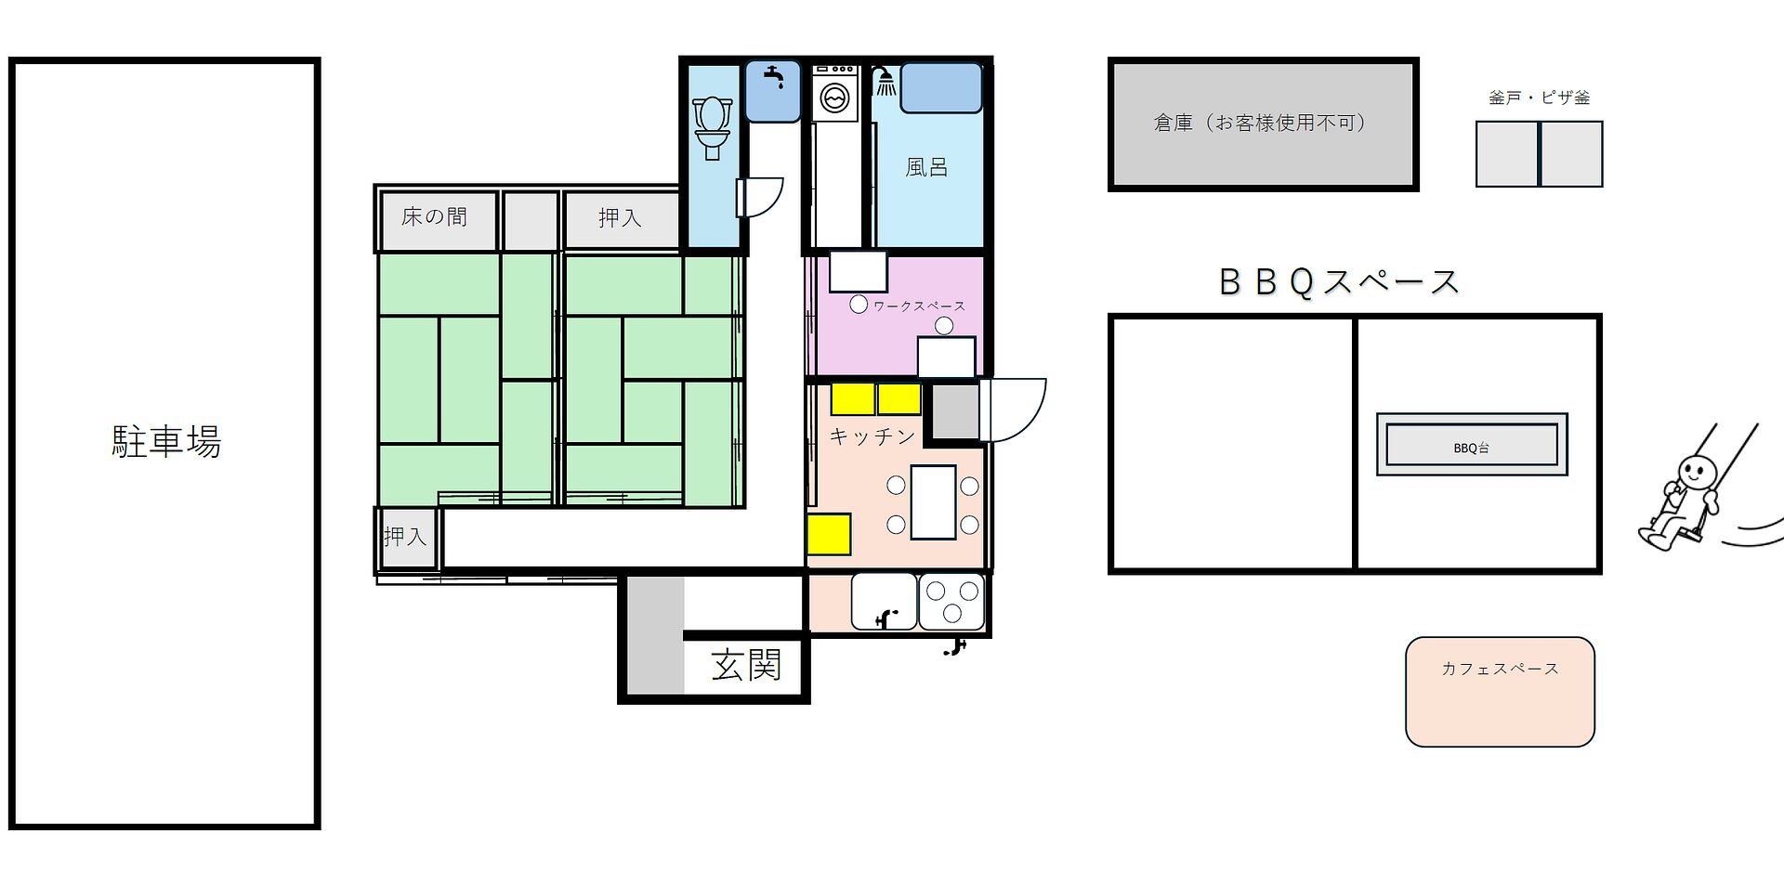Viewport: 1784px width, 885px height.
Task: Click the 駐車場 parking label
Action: (x=166, y=442)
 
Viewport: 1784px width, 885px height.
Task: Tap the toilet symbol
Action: (x=713, y=127)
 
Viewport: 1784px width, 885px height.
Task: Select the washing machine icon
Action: (x=835, y=93)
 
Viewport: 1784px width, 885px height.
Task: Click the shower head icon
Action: (x=885, y=81)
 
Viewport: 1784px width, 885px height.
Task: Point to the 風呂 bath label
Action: (x=926, y=167)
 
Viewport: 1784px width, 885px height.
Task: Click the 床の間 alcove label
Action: (x=434, y=217)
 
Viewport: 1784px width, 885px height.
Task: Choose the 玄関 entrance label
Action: (x=746, y=665)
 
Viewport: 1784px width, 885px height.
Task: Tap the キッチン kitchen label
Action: (x=872, y=436)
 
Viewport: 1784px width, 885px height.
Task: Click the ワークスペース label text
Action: (x=919, y=306)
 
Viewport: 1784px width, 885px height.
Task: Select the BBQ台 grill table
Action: (x=1472, y=445)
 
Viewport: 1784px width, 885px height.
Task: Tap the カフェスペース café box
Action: (x=1500, y=692)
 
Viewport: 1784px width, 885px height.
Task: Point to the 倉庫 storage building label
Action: (x=1261, y=123)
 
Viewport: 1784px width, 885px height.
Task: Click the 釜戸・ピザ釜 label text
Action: (x=1539, y=98)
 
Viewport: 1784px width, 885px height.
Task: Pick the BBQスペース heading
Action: (x=1339, y=282)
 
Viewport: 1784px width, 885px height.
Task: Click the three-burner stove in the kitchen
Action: (x=951, y=602)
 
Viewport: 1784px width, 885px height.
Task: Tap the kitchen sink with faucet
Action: (x=884, y=602)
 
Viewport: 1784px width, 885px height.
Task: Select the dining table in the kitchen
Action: (x=933, y=502)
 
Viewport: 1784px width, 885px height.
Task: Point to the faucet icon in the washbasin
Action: (x=774, y=76)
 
